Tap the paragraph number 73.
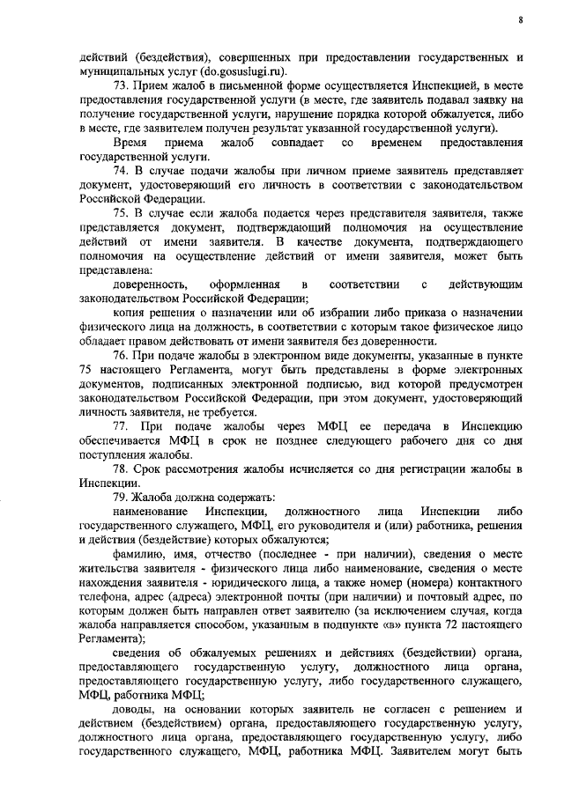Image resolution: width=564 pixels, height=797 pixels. [x=122, y=85]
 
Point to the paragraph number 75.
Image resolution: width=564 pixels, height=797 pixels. [x=122, y=211]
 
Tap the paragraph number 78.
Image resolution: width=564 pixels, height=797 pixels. [x=122, y=469]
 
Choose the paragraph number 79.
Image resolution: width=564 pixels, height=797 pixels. [x=122, y=498]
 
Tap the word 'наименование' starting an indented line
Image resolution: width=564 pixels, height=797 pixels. [x=149, y=512]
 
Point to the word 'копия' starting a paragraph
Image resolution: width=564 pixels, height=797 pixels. [x=130, y=312]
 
